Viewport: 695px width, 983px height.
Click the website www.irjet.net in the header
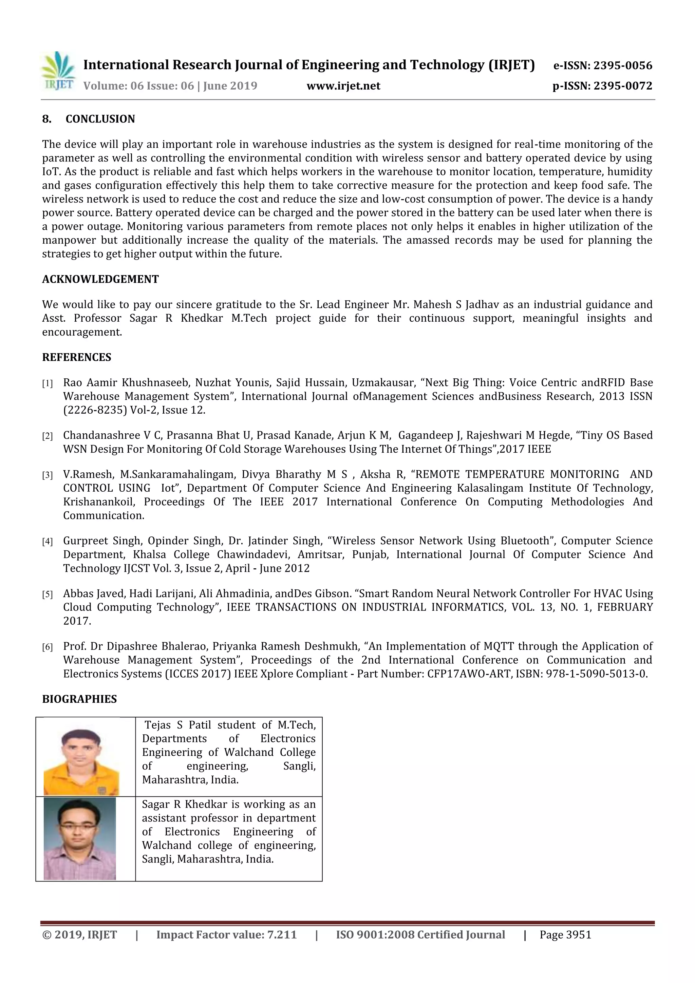[x=343, y=86]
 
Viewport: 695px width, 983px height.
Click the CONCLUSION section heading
[x=100, y=119]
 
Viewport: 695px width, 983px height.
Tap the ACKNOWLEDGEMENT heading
[x=100, y=279]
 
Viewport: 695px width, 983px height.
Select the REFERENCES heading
[x=77, y=358]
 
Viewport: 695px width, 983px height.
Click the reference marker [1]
[x=47, y=384]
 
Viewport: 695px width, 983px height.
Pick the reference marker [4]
[x=47, y=542]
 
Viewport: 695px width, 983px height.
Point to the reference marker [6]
[x=47, y=647]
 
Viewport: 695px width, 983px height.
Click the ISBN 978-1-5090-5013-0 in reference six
[x=597, y=674]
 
